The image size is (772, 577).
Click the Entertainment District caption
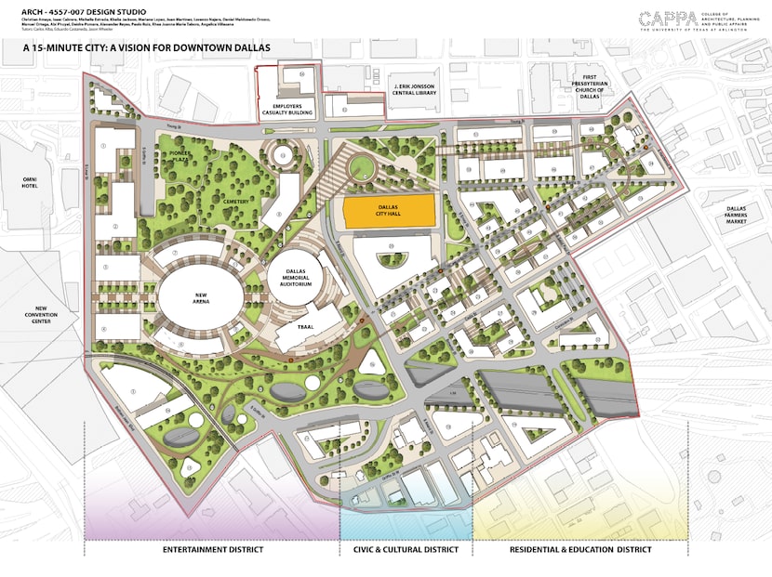(x=213, y=550)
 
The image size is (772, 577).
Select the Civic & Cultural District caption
(x=406, y=550)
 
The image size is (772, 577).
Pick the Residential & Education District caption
(x=579, y=550)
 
